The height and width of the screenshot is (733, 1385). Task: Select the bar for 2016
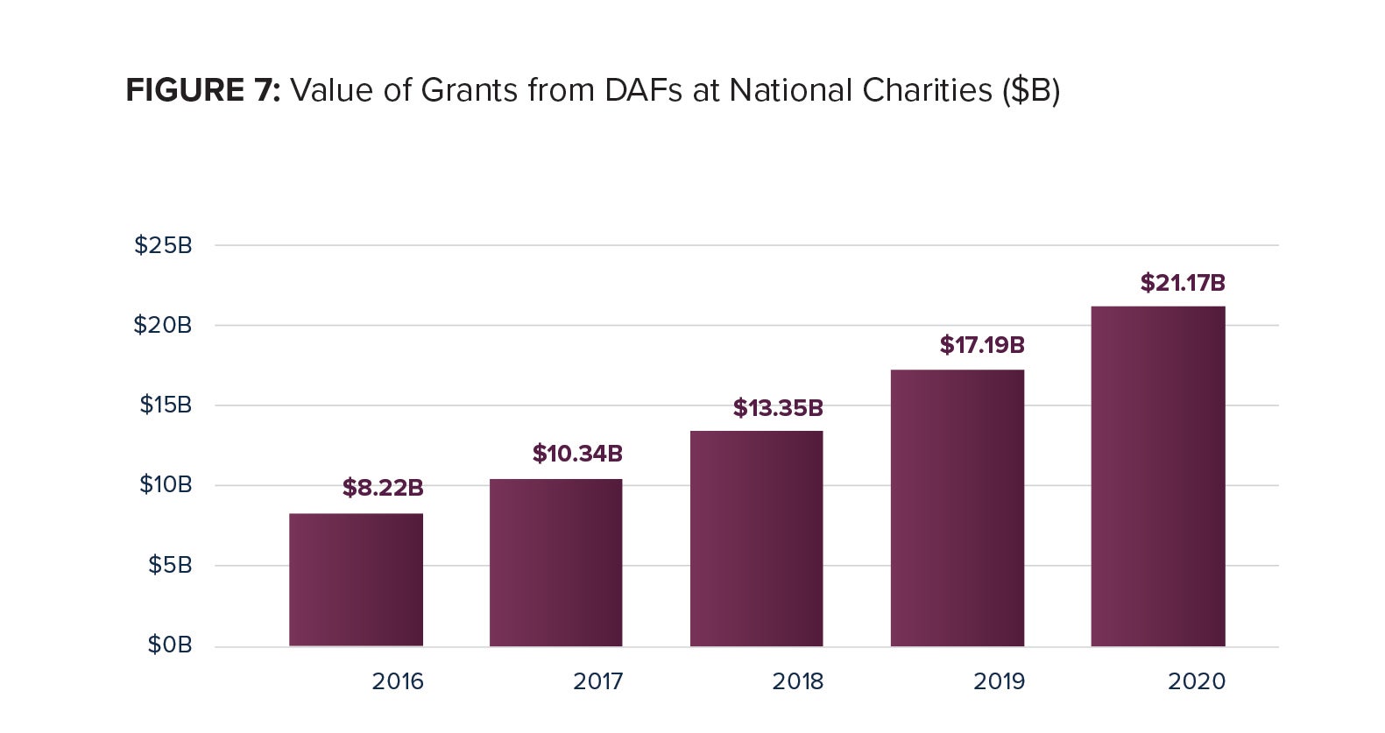coord(356,580)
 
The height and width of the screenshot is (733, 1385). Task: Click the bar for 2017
coord(555,562)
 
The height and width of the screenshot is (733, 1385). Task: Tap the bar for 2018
coord(756,539)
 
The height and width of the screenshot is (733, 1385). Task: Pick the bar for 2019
coord(957,508)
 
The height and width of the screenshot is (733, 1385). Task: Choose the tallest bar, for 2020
coord(1157,476)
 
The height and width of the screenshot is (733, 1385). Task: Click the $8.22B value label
coord(383,488)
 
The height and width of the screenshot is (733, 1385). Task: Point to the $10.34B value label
coord(577,454)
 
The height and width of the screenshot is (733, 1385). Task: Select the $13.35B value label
coord(778,408)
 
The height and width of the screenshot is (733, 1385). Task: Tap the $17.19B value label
coord(982,345)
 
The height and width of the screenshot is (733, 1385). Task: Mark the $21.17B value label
coord(1183,283)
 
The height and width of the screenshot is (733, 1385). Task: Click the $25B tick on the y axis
coord(163,245)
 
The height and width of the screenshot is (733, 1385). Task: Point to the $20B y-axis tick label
coord(163,325)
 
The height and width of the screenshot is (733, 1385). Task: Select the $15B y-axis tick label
coord(166,405)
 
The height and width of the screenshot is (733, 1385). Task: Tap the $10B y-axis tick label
coord(166,484)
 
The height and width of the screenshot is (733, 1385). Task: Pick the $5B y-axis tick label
coord(170,565)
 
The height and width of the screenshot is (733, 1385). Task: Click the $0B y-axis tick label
coord(170,645)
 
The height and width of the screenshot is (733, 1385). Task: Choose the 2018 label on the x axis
coord(797,681)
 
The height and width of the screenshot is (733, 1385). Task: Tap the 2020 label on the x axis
coord(1197,681)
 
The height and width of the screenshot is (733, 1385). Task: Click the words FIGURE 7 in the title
coord(202,90)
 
